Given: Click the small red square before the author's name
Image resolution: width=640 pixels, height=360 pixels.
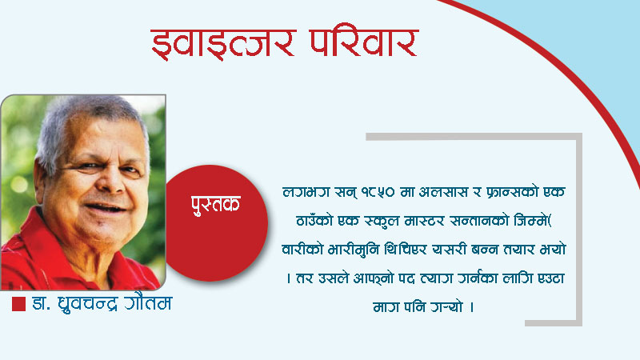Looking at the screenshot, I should point(18,304).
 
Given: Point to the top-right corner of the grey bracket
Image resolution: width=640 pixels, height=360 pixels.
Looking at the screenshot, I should point(578,136).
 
